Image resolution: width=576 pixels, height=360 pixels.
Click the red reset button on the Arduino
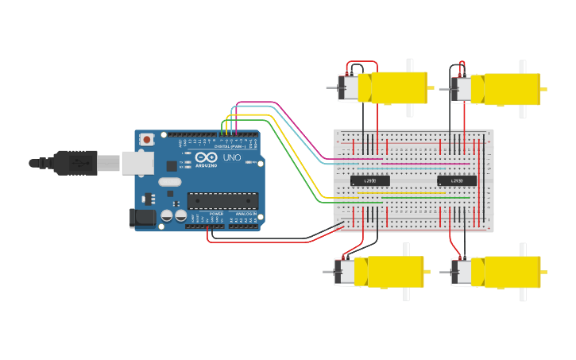pos(147,140)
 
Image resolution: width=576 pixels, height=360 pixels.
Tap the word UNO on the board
pos(231,157)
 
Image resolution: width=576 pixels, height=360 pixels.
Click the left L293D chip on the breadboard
pos(369,180)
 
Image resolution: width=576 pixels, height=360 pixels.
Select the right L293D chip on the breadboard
pos(457,180)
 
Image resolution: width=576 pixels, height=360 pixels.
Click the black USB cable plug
pos(76,162)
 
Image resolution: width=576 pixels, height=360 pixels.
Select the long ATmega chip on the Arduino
pos(222,202)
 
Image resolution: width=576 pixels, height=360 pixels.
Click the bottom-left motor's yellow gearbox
pos(394,272)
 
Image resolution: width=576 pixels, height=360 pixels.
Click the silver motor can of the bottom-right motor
pos(462,273)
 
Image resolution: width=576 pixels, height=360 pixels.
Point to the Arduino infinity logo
pos(206,157)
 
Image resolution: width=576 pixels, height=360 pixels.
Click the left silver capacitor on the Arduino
pos(167,215)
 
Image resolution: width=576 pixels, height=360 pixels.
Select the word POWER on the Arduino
pos(216,214)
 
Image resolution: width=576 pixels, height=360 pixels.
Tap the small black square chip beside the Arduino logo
pos(172,166)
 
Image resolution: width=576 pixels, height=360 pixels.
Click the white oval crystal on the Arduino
pos(170,182)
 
